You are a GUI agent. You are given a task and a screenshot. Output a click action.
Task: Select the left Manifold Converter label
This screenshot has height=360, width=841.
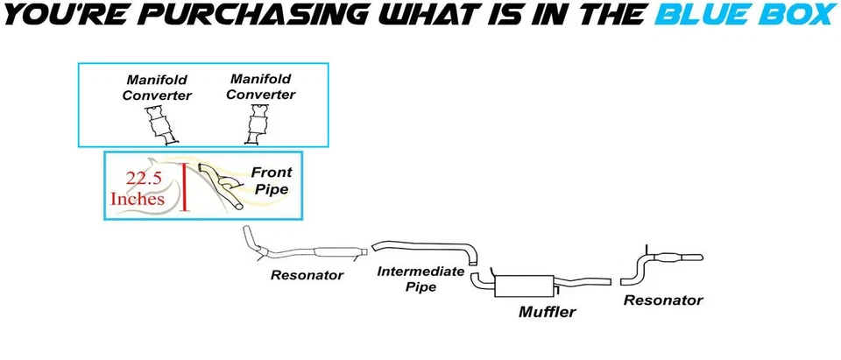[x=156, y=86]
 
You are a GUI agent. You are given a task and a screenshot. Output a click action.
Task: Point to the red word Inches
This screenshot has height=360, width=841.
[x=138, y=199]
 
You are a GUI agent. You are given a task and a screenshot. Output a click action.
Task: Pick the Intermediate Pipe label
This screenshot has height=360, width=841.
[x=420, y=279]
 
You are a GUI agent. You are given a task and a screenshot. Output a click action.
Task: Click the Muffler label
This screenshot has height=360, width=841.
[x=547, y=311]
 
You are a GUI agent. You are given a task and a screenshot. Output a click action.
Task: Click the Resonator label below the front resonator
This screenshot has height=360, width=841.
[x=307, y=275]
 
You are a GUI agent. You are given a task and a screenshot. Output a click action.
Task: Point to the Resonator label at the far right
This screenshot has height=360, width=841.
[x=663, y=300]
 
